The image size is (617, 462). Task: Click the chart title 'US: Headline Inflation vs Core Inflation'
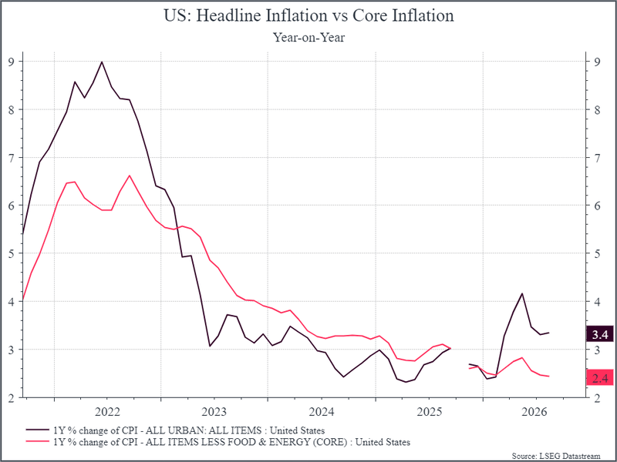(x=308, y=15)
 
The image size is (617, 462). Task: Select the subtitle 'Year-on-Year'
(x=308, y=37)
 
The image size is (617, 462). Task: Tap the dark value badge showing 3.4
(x=600, y=334)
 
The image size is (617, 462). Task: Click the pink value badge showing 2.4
(x=600, y=378)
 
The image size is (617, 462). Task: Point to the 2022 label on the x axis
(x=107, y=412)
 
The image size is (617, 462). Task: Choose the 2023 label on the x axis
(x=214, y=412)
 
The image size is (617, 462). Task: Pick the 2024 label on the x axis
(x=322, y=412)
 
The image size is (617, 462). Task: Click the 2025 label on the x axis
(x=430, y=412)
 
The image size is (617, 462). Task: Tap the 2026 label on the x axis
(x=534, y=412)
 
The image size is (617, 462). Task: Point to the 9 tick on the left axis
(x=11, y=62)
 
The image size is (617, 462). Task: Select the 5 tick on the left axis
(x=11, y=253)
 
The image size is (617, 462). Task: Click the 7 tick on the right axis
(x=597, y=158)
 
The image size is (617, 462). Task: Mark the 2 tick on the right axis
(x=597, y=397)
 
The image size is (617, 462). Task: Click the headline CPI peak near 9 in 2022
(x=102, y=62)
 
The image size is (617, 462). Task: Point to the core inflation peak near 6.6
(x=130, y=176)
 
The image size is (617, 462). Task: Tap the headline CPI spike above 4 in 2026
(x=522, y=293)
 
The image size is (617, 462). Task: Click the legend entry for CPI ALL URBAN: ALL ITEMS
(x=175, y=430)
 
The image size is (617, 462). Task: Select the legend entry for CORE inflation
(x=218, y=442)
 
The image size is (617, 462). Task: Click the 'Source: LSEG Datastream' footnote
(x=556, y=456)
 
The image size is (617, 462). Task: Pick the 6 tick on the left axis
(x=11, y=206)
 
